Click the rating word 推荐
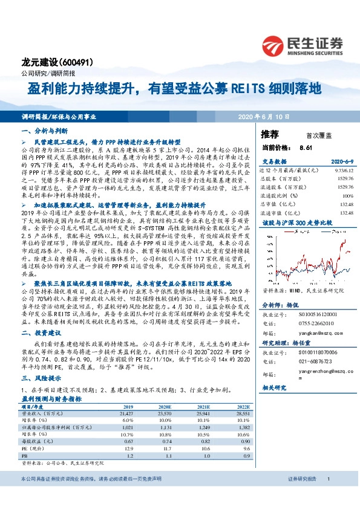[270, 133]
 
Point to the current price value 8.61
[305, 148]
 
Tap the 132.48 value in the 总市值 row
[346, 204]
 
